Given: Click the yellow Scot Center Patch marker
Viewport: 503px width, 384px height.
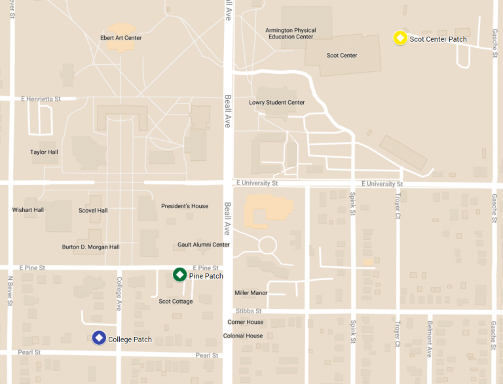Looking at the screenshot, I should tap(400, 39).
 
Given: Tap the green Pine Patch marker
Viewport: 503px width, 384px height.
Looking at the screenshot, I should tap(179, 275).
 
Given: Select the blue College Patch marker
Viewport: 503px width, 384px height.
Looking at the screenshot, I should tap(99, 338).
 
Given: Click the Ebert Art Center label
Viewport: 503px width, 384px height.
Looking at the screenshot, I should tap(121, 38).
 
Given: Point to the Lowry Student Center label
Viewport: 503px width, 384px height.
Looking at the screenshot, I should tap(276, 102).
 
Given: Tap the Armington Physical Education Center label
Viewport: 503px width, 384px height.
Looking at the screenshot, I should tap(291, 33).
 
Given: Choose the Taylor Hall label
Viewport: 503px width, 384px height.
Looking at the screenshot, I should tap(44, 152).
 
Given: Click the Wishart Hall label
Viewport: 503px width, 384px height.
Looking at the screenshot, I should tap(28, 210).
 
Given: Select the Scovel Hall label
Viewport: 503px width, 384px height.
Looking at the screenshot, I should tap(93, 211).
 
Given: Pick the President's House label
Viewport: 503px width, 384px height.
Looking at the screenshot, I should tap(185, 206).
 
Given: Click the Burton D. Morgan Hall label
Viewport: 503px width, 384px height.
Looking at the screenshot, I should tap(90, 247).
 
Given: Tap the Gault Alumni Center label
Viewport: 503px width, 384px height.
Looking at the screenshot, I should tap(204, 245).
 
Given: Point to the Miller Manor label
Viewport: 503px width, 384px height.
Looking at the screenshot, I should tap(251, 293).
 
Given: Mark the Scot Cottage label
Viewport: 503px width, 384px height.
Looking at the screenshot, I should tap(176, 302).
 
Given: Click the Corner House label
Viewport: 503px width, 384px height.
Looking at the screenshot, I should tap(246, 322).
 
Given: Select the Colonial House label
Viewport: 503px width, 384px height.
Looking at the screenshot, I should tap(243, 336).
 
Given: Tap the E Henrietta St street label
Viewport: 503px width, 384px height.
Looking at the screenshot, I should tap(40, 99).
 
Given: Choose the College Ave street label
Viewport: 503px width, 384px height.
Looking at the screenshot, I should tap(119, 294).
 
